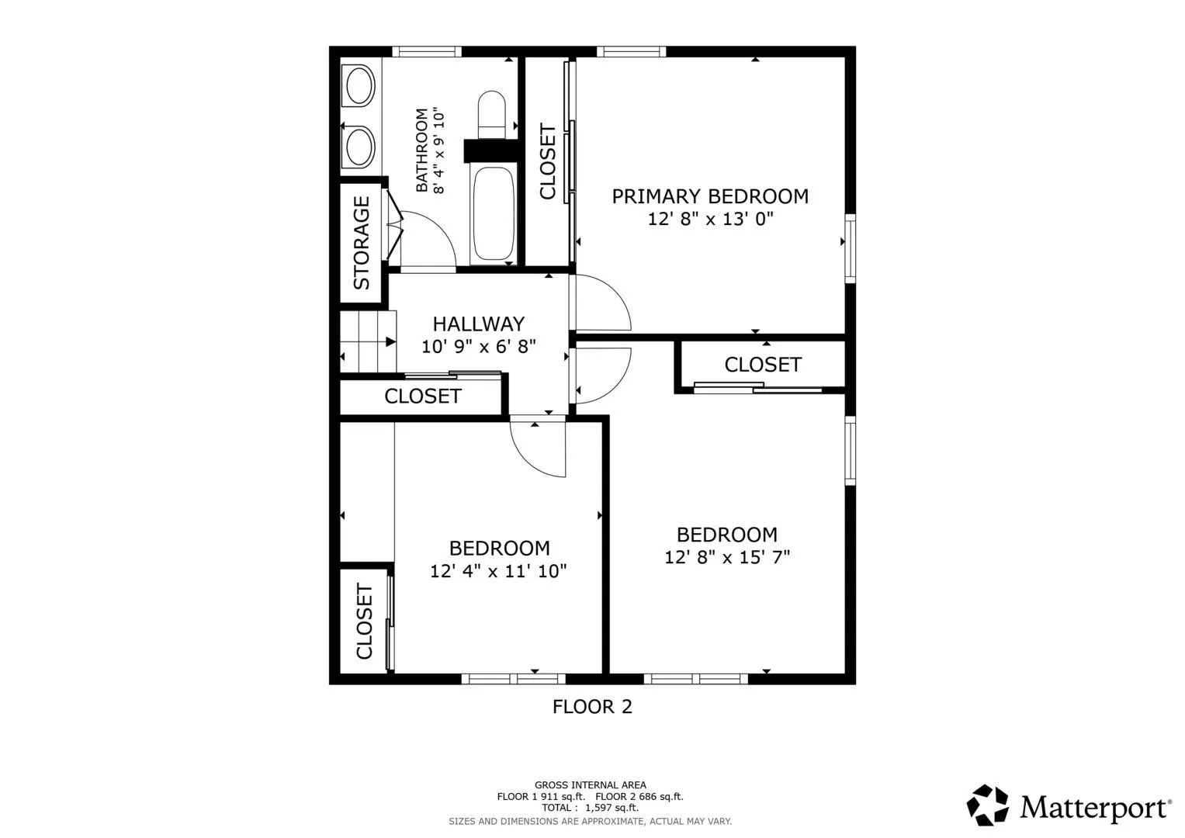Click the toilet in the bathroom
coord(491,115)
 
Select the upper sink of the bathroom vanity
coord(359,85)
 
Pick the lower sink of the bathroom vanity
coord(359,147)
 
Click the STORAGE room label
coord(362,243)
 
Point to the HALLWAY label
coord(479,324)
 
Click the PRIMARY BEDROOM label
coord(711,196)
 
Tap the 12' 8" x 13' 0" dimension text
coord(711,219)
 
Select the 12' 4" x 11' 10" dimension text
coord(498,571)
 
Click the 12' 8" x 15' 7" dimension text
coord(727,557)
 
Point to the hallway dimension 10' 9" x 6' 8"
coord(479,347)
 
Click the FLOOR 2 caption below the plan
coord(593,707)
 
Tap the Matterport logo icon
coord(987,805)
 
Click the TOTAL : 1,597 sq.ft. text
coord(591,808)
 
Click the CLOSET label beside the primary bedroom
coord(548,161)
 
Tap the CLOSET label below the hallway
coord(423,396)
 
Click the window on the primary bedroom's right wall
coord(850,248)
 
